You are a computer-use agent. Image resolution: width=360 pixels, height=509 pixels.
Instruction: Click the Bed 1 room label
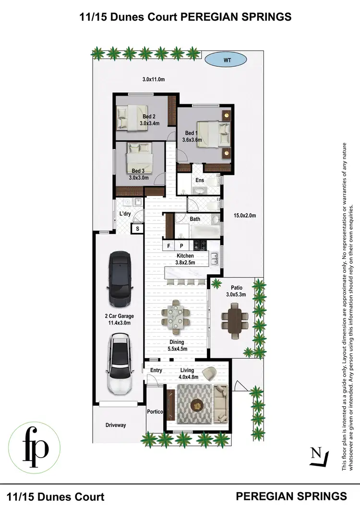point(191,133)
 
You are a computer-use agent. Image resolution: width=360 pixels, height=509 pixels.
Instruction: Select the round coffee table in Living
point(197,405)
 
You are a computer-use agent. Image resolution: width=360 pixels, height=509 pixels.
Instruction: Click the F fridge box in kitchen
point(168,246)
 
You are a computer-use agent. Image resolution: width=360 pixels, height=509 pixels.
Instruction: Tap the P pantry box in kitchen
point(181,246)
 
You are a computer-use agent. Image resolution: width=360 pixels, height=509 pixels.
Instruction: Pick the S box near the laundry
point(138,229)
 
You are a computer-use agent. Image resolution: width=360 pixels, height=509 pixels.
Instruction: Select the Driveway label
point(116,425)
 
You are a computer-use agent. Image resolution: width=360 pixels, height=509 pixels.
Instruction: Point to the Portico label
point(155,412)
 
